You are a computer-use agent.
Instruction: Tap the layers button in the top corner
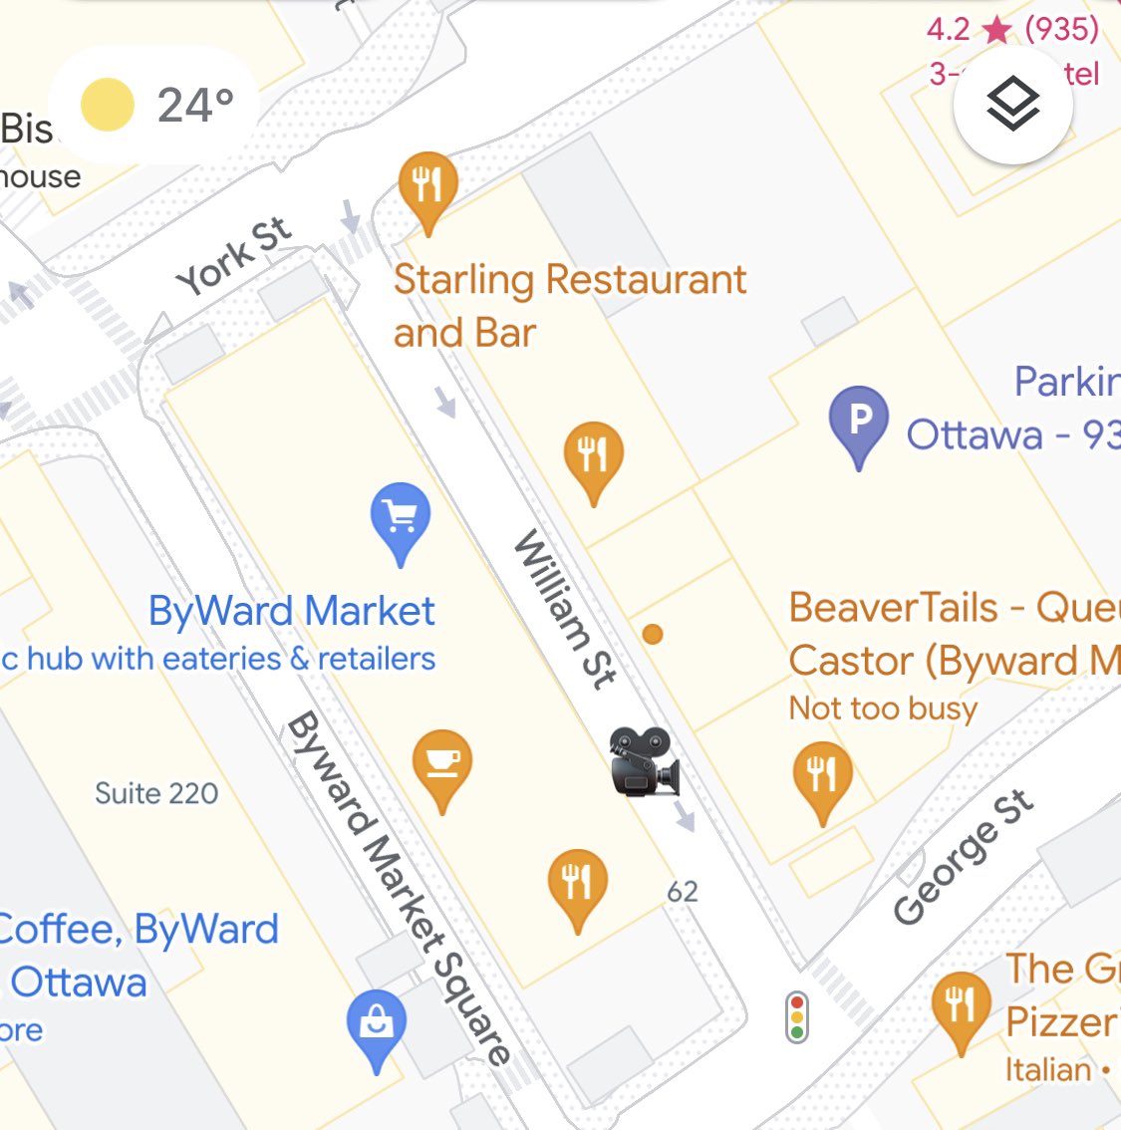tap(1012, 106)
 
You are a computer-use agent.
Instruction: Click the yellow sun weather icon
tap(107, 105)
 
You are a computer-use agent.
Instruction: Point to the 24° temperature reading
tap(195, 105)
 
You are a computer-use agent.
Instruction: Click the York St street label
tap(234, 256)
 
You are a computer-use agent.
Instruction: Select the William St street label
tap(565, 610)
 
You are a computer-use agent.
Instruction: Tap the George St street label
tap(962, 857)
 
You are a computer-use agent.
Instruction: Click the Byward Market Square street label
tap(399, 887)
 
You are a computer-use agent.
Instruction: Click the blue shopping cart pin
tap(400, 518)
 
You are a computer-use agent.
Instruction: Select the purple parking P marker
tap(858, 422)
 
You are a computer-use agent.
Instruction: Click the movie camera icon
tap(645, 762)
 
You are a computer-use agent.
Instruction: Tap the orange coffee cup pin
tap(441, 766)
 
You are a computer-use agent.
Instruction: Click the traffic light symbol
tap(796, 1016)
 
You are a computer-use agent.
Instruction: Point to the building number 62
tap(683, 891)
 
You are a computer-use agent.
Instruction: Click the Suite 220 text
tap(156, 793)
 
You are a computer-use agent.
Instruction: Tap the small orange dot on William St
tap(653, 634)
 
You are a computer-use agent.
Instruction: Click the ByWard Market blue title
tap(291, 611)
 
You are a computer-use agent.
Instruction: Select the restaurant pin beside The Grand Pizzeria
tap(960, 1006)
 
